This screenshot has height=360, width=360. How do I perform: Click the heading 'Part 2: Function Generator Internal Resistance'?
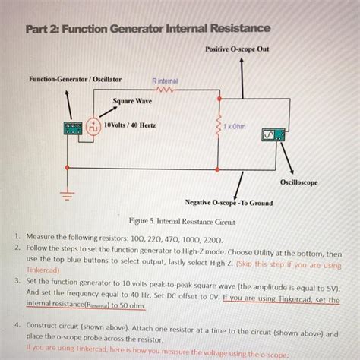pos(146,29)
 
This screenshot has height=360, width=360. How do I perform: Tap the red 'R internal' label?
pos(166,79)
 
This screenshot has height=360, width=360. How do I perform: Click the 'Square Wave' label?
pos(131,100)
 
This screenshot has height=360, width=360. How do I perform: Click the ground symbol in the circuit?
pos(65,195)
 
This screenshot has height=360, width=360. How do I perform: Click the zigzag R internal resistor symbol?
pos(165,88)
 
